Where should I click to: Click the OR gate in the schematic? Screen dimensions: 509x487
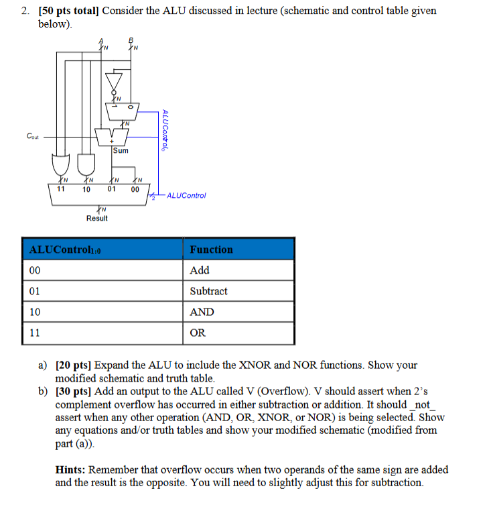62,162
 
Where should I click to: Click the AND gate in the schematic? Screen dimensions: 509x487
86,162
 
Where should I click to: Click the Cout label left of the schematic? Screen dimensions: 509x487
32,136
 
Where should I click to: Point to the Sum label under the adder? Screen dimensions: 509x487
121,151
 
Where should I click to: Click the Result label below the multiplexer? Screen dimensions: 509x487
96,218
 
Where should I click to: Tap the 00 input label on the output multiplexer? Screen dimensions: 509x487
135,189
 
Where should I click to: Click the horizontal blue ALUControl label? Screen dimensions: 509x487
186,196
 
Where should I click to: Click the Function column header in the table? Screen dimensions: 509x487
211,249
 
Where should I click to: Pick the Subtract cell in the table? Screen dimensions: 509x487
208,291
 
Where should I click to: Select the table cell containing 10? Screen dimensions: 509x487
35,312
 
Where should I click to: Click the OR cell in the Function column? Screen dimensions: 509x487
198,333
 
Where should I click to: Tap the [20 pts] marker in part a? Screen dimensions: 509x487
73,365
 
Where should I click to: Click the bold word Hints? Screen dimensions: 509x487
70,470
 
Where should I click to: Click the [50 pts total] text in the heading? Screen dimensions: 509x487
67,11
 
